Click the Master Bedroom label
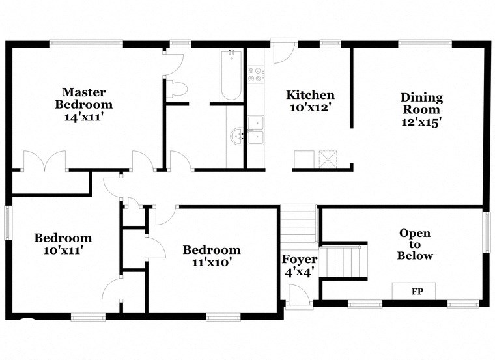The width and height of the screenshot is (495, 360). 83,98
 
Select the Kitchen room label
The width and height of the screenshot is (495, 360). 311,95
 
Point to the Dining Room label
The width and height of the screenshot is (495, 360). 421,104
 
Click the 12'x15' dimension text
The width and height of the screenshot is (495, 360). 421,122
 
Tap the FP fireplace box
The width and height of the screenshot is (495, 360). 414,291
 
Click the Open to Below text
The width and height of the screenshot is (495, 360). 415,244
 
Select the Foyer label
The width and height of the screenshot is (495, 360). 300,259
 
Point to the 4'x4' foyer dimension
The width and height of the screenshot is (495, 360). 300,272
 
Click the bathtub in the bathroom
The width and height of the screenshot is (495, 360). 231,75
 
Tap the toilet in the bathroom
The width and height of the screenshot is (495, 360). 177,89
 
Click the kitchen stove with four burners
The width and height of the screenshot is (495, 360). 256,75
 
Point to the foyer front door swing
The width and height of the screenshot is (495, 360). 299,297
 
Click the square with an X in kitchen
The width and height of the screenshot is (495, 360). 326,159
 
